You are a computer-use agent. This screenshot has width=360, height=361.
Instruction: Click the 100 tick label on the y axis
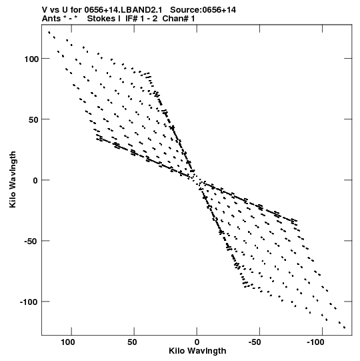31,59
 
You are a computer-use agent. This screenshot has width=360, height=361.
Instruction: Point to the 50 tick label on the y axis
33,119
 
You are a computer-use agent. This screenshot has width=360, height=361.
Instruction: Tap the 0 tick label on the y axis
35,180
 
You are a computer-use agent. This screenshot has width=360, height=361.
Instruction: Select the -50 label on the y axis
31,242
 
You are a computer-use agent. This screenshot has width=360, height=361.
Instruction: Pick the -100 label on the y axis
29,302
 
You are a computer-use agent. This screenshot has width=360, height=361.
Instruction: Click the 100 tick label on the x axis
67,342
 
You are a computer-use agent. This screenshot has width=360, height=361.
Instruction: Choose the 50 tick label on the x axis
132,342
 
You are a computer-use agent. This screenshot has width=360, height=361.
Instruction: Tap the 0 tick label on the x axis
197,342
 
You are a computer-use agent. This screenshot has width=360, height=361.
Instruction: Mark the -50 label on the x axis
255,342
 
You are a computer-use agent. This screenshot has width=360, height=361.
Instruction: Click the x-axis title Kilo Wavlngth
197,351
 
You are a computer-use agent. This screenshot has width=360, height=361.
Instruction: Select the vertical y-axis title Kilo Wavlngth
13,179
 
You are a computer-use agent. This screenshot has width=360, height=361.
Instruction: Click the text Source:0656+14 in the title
203,10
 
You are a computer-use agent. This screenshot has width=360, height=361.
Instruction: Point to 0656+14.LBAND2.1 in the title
123,10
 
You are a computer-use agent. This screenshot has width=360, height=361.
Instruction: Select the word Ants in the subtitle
51,19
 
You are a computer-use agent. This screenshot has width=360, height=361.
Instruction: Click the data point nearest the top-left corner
49,33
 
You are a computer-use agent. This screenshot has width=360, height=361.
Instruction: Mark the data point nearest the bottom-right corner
345,328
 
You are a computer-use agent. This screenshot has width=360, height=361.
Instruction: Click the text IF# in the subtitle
131,19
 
